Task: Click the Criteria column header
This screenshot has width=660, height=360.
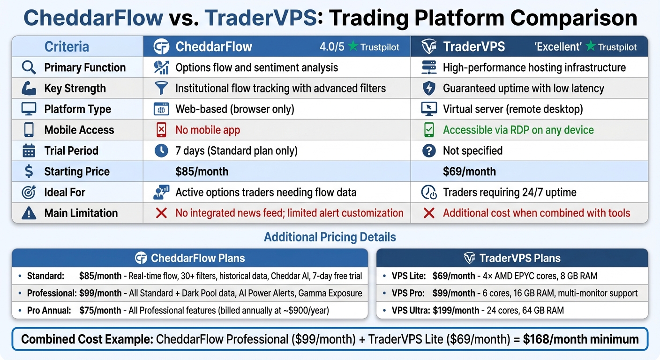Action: tap(67, 47)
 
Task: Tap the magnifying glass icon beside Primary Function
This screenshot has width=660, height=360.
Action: tap(29, 67)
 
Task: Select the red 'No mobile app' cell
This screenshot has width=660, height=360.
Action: tap(207, 130)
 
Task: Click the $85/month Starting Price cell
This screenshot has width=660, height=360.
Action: tap(202, 172)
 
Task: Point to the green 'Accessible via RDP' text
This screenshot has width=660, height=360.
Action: tap(518, 130)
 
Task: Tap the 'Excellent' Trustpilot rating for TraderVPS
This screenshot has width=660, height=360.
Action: tap(585, 47)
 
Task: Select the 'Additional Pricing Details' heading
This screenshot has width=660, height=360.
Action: tap(330, 237)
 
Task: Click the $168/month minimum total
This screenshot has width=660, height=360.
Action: tap(580, 339)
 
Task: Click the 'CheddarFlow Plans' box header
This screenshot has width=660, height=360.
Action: tap(189, 258)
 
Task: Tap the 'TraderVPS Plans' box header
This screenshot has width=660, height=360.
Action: tap(512, 258)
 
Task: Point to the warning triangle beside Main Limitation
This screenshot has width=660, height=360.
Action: tap(29, 213)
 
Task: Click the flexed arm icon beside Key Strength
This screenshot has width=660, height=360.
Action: tap(29, 88)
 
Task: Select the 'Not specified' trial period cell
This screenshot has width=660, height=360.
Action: tap(472, 151)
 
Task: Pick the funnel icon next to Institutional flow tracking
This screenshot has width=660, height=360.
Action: tap(161, 88)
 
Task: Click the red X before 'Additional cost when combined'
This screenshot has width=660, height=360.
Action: tap(428, 213)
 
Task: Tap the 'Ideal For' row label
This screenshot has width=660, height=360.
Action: tap(65, 192)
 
